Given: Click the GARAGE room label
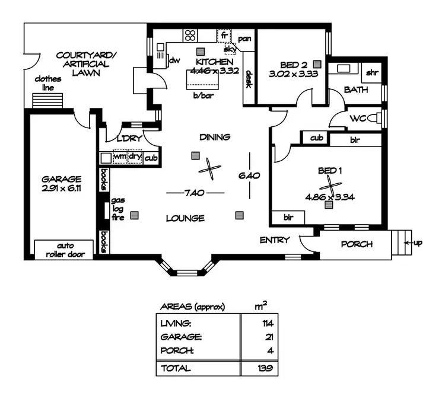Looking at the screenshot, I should pos(61,178).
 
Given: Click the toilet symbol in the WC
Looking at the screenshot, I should pos(376,119).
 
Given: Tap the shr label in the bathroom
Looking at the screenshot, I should pos(372,73).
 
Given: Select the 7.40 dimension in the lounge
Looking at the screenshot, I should pos(195,193).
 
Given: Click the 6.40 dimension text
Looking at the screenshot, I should pos(250,175).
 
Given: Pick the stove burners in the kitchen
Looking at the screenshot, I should pos(190,35).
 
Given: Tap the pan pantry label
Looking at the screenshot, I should pos(244,39).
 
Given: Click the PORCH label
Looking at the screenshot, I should pos(356,244).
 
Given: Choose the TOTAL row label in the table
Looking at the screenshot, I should pos(176,368).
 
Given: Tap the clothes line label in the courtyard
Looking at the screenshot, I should pos(45,83).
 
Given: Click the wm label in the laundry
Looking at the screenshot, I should pos(120,158).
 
